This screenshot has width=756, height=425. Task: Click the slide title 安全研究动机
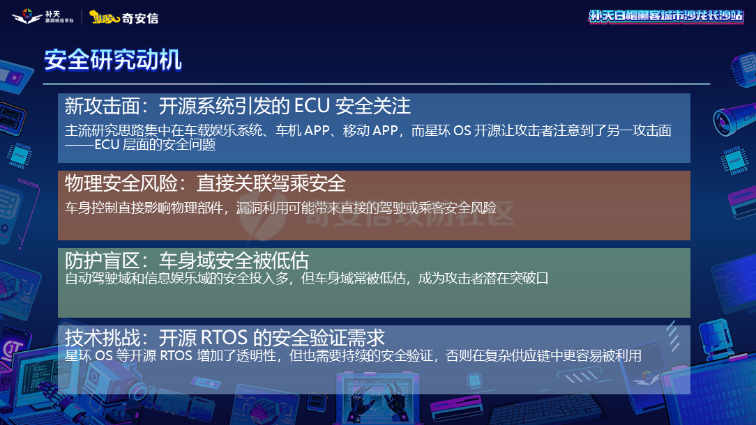pyautogui.click(x=113, y=60)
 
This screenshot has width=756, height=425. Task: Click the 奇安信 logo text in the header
pyautogui.click(x=140, y=17)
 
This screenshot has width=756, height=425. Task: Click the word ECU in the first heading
pyautogui.click(x=312, y=106)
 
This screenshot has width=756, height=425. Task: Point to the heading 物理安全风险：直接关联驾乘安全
pyautogui.click(x=205, y=183)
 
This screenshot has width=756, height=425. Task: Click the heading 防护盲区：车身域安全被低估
pyautogui.click(x=186, y=261)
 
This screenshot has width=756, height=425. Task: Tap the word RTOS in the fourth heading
pyautogui.click(x=224, y=338)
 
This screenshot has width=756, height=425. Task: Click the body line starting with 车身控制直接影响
pyautogui.click(x=280, y=208)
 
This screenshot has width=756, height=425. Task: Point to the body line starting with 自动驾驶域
pyautogui.click(x=307, y=279)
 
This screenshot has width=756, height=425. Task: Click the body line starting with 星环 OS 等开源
pyautogui.click(x=353, y=356)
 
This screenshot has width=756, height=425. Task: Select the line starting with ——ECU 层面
pyautogui.click(x=140, y=145)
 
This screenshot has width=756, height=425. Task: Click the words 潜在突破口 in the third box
pyautogui.click(x=517, y=279)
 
